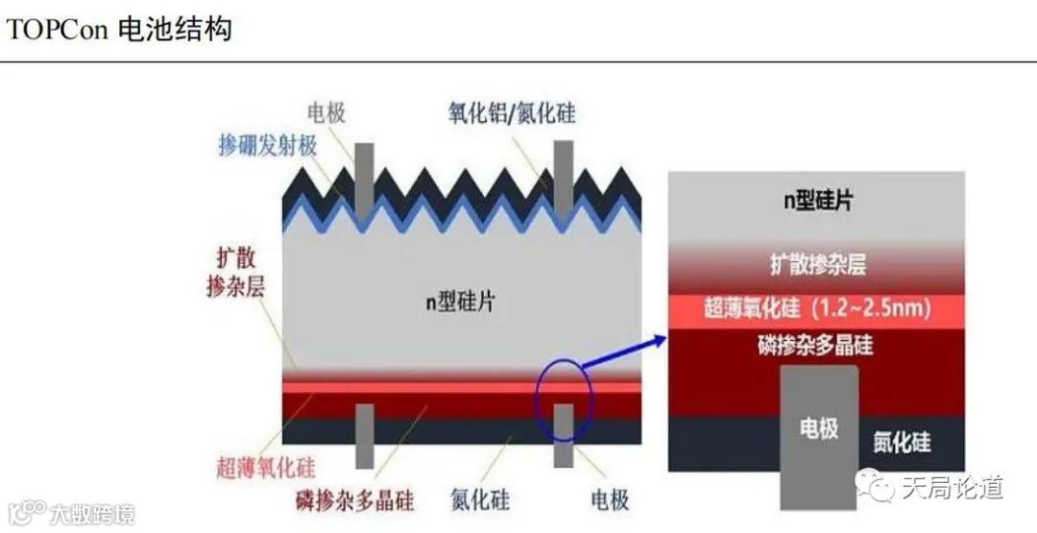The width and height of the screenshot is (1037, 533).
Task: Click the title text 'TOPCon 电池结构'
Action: tap(119, 29)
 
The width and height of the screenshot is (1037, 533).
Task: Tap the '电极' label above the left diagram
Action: tap(326, 113)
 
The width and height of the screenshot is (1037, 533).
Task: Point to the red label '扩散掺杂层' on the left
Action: tap(235, 273)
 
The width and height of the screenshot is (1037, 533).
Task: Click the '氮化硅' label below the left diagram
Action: tap(480, 500)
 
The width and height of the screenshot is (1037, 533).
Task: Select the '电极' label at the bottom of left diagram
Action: tap(610, 500)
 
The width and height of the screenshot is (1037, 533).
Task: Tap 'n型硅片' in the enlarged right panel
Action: tap(815, 202)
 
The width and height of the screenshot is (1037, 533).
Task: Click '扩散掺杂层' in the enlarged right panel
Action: tap(817, 262)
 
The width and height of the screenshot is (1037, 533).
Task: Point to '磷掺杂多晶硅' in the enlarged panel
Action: tap(815, 345)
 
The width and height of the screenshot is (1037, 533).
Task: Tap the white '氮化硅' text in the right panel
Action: tap(902, 443)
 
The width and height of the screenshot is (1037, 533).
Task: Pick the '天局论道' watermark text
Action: tap(952, 488)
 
